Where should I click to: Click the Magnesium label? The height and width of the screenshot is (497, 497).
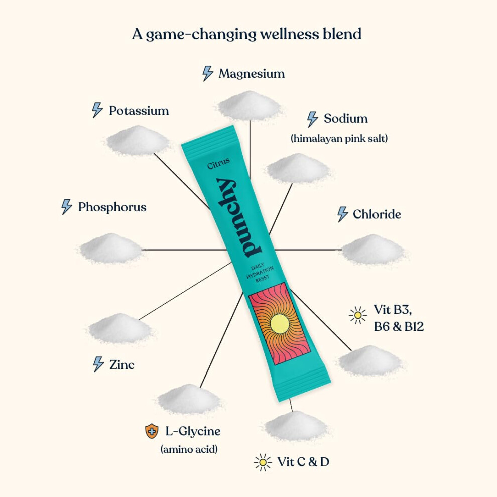point(252,73)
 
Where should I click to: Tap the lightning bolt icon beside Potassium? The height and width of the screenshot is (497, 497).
point(97,110)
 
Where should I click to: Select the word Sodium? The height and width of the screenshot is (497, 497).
point(346,118)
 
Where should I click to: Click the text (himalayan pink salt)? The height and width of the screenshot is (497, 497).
point(339,138)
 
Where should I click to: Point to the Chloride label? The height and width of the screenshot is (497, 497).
point(377,214)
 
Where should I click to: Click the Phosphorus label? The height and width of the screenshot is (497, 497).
point(112,207)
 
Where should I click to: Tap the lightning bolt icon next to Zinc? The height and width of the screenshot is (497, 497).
point(98,364)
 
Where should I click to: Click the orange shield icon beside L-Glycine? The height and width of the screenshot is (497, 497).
point(152,431)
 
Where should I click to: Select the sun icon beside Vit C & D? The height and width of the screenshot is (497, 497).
point(263,462)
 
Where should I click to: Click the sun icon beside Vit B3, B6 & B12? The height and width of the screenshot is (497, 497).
point(358,315)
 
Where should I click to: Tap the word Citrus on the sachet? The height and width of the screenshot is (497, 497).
point(218,163)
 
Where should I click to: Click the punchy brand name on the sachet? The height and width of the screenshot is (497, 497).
point(238,218)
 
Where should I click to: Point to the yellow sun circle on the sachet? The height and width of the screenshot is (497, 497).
point(279,324)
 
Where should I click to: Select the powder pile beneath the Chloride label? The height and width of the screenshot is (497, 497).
point(372,250)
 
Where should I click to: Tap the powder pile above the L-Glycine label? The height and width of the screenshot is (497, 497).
point(190,399)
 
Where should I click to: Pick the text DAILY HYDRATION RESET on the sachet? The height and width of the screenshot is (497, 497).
point(260,272)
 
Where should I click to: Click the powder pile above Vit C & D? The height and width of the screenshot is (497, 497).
point(296,426)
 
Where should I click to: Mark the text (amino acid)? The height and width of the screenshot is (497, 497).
point(189,449)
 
